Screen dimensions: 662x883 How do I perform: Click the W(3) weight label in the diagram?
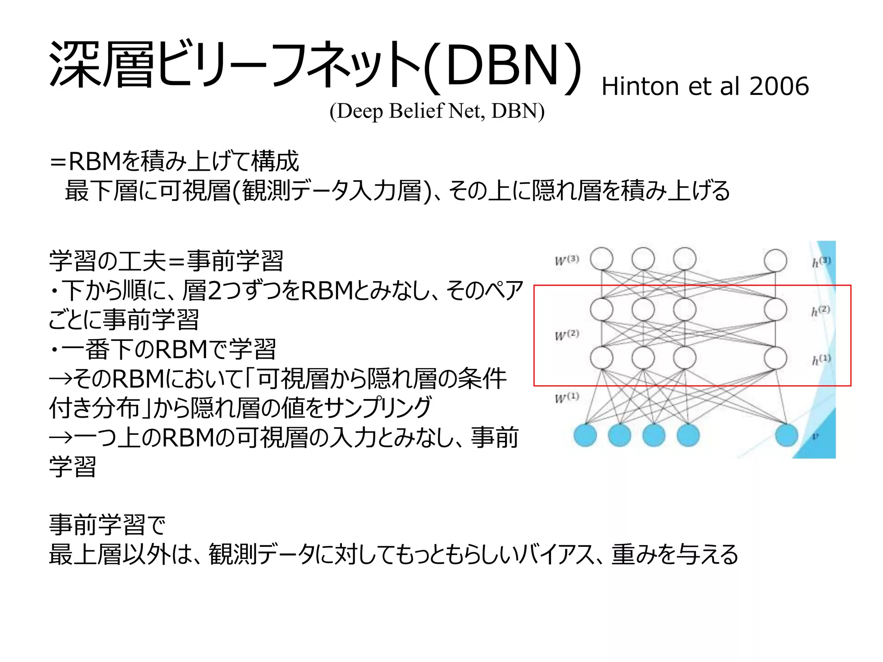click(567, 260)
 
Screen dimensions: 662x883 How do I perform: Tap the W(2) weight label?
click(567, 335)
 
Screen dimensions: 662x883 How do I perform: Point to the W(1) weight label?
click(567, 397)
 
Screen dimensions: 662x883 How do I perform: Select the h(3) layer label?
click(821, 262)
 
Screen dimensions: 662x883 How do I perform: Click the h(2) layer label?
click(820, 311)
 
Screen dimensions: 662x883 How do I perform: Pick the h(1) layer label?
click(820, 359)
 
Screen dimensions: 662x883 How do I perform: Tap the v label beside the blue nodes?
click(815, 437)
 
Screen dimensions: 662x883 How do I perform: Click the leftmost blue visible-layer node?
click(585, 435)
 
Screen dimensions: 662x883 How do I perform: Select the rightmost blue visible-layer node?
click(786, 435)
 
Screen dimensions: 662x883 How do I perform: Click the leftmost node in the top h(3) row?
click(601, 259)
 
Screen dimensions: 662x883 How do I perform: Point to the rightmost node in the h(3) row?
click(775, 260)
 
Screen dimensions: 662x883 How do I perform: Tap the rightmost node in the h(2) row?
click(775, 309)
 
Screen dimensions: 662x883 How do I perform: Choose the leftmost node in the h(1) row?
click(601, 358)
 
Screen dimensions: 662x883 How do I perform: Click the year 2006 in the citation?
click(779, 86)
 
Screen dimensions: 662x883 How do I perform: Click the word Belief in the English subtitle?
click(416, 111)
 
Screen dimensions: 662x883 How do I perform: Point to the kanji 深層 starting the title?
click(101, 65)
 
